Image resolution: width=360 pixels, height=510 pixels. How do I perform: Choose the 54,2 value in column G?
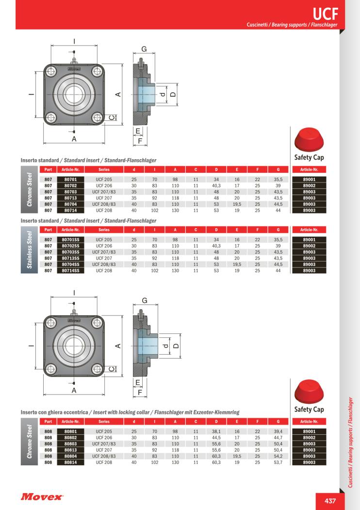(x=278, y=456)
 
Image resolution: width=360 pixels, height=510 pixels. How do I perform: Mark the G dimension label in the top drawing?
(x=144, y=49)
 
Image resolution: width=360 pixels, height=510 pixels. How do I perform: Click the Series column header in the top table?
(x=103, y=169)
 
